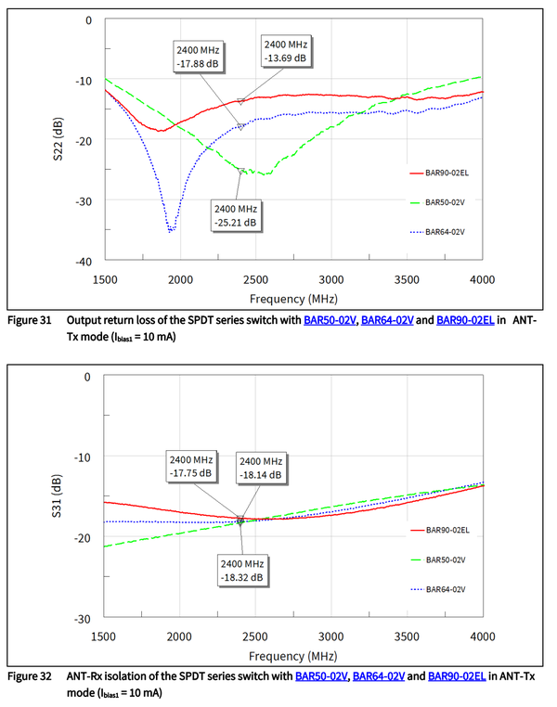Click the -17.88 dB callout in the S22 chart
pos(197,57)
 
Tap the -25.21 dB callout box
pos(236,215)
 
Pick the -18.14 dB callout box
pos(259,469)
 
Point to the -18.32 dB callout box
pos(241,570)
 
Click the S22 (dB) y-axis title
pos(58,139)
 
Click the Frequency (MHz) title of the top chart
pos(292,299)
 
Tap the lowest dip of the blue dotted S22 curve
pos(172,229)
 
